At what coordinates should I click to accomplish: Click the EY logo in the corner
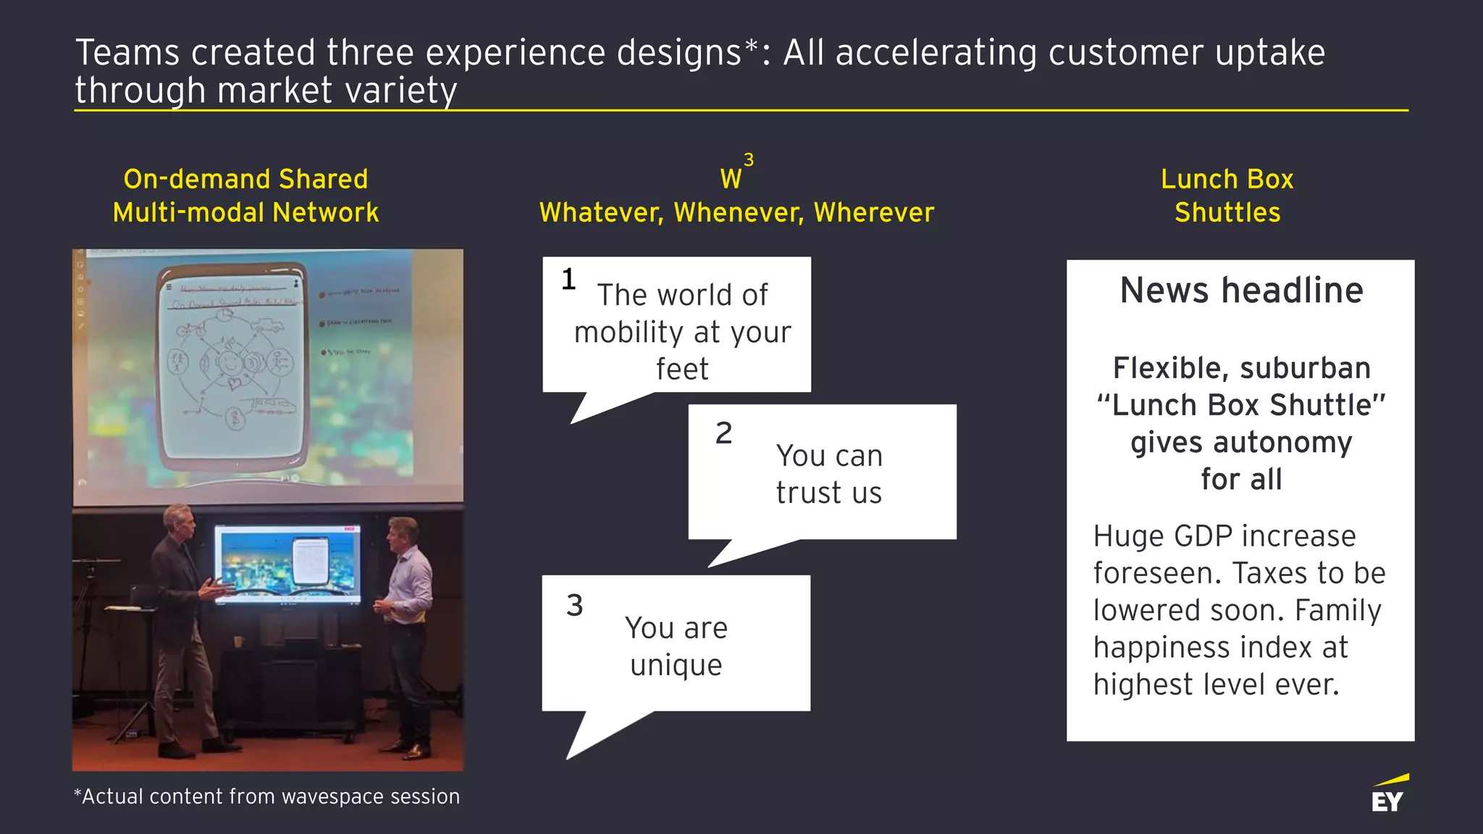pos(1389,795)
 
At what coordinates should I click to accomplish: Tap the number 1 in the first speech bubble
pos(568,279)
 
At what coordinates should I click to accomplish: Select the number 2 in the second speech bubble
pos(723,433)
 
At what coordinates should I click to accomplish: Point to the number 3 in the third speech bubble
pos(574,605)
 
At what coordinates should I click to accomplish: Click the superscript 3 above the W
pos(749,159)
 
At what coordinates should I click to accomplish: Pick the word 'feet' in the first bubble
pos(682,369)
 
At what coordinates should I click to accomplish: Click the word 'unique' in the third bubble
pos(676,665)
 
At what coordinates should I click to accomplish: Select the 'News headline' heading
pos(1241,290)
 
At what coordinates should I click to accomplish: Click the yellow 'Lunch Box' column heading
pos(1227,179)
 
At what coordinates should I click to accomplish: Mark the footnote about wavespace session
pos(266,796)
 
